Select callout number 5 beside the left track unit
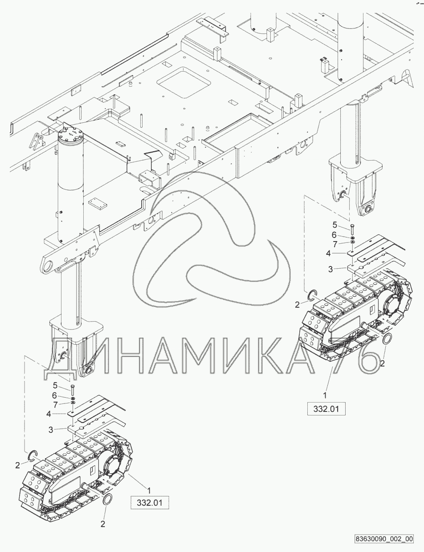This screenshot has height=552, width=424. coord(55,385)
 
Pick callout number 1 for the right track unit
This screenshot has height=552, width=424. coord(325,394)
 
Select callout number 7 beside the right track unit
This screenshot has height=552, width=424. coord(334,243)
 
